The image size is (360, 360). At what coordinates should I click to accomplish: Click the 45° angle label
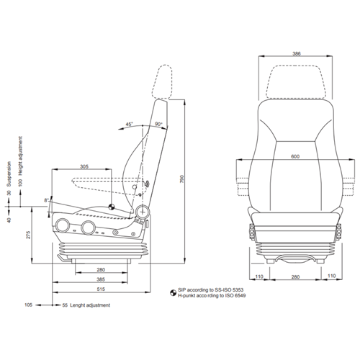(x=129, y=123)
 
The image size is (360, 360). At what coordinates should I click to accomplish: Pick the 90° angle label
(x=158, y=123)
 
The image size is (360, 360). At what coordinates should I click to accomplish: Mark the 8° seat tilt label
(x=47, y=199)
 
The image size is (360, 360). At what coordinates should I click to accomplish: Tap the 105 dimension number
(x=29, y=305)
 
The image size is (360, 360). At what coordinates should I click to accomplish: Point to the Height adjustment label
(x=21, y=154)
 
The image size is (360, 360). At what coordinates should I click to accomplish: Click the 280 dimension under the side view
(x=101, y=270)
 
